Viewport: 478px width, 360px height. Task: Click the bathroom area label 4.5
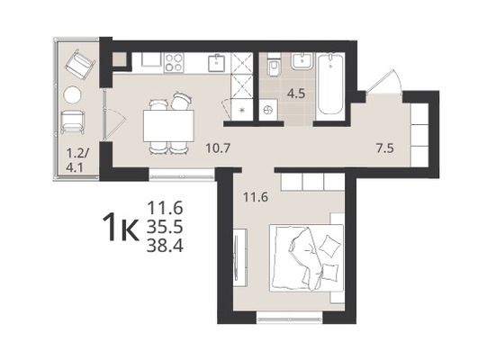[x=296, y=94]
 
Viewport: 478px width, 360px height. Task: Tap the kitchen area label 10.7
[x=217, y=148]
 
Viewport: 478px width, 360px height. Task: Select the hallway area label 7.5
[x=385, y=149]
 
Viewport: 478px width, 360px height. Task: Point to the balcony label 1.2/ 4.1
[x=77, y=160]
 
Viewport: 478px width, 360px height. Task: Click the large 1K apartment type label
[x=122, y=227]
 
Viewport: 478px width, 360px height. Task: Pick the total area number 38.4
[x=165, y=246]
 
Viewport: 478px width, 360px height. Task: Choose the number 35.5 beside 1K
[x=165, y=227]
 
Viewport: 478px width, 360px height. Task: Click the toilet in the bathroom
[x=274, y=65]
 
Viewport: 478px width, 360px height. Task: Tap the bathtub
[x=329, y=84]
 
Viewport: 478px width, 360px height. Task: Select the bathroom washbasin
[x=302, y=60]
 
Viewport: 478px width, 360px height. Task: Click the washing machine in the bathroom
[x=268, y=110]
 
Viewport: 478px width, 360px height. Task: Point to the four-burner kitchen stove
[x=174, y=62]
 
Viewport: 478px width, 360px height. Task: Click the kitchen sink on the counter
[x=217, y=63]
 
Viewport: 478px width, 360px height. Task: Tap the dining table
[x=168, y=126]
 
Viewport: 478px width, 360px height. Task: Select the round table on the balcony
[x=73, y=94]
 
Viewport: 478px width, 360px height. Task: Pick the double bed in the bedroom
[x=306, y=258]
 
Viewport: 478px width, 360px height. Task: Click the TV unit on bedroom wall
[x=240, y=258]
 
